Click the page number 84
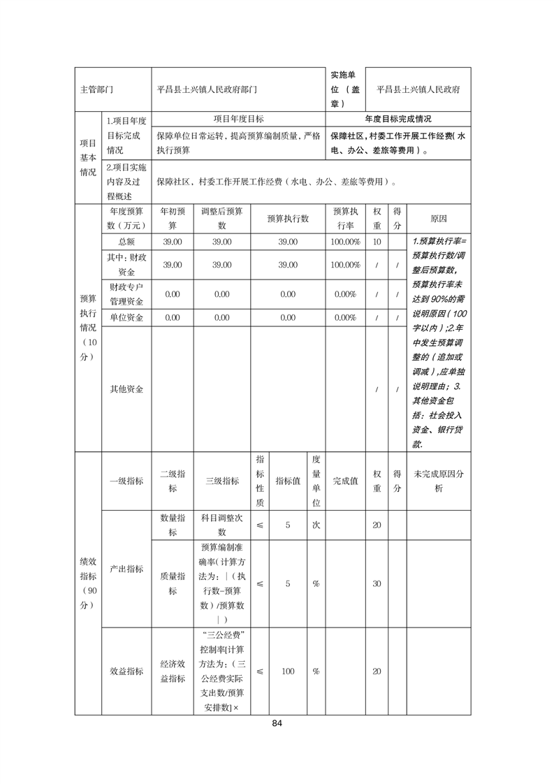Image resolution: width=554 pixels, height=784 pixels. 277,723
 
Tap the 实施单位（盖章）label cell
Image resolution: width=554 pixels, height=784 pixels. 345,90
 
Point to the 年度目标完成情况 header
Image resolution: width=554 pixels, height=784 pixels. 398,119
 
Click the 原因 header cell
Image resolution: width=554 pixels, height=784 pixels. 439,219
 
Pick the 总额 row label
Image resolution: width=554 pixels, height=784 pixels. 126,241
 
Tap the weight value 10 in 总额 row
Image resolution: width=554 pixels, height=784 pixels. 377,241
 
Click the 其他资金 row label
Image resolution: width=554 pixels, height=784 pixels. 126,389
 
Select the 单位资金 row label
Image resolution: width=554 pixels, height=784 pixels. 126,317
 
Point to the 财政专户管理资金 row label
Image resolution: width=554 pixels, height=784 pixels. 126,294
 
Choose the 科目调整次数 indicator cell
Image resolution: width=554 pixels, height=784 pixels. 221,525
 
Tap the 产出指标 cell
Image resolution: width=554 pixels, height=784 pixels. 126,569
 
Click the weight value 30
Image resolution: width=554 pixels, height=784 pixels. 377,583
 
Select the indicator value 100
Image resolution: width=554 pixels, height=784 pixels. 288,671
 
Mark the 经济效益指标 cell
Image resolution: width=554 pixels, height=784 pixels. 173,671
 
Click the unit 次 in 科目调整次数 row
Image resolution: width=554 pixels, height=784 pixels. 316,525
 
